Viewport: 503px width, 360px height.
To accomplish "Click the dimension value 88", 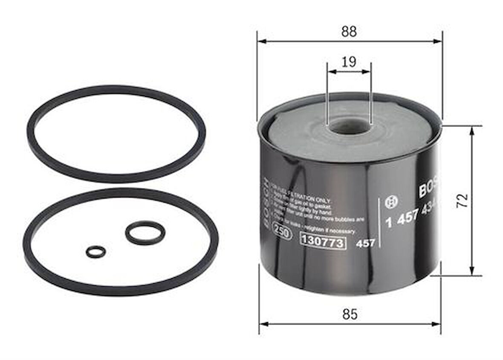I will [x=349, y=32].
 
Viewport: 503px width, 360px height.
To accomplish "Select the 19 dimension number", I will [x=349, y=62].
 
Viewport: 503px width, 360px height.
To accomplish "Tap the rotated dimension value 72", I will [x=462, y=200].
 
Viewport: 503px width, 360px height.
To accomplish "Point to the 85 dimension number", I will [x=350, y=314].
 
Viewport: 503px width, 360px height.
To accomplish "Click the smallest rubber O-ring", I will [x=95, y=252].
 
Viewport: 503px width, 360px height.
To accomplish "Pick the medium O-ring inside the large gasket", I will [x=145, y=233].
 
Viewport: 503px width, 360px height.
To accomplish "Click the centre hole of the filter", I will [x=350, y=126].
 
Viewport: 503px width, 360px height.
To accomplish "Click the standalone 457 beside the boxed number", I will [x=365, y=243].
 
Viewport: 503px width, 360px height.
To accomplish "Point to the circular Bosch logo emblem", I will [x=390, y=202].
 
